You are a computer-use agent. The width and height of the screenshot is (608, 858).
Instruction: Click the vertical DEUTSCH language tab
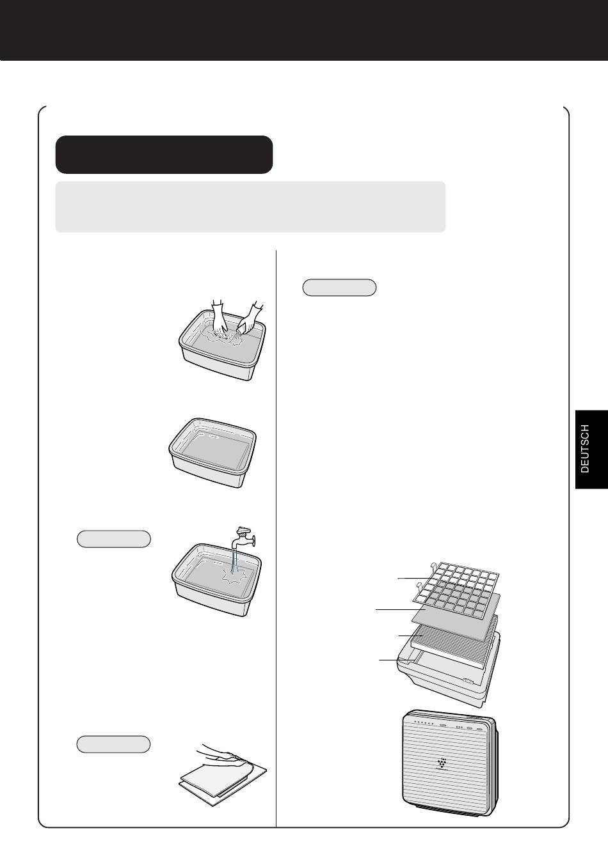[591, 449]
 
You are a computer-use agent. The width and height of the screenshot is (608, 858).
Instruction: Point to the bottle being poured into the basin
[244, 327]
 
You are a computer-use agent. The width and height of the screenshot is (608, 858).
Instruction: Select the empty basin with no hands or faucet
[212, 453]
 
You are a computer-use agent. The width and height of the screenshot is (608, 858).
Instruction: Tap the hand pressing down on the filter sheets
[223, 754]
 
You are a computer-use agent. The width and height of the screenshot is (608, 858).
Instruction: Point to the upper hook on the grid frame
[433, 565]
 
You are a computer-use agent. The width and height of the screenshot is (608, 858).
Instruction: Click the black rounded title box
[164, 154]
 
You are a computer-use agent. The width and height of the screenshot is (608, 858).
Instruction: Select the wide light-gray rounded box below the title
[250, 207]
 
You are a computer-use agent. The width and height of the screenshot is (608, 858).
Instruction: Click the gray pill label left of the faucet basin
[114, 538]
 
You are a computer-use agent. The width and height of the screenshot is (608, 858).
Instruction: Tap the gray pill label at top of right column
[339, 287]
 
